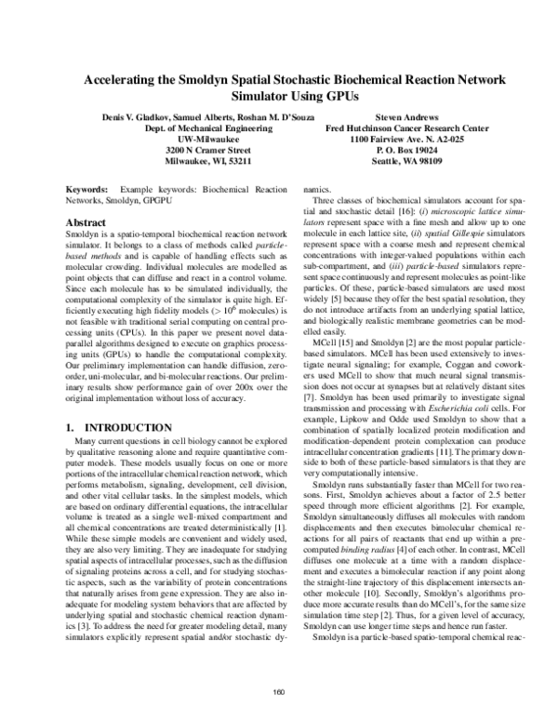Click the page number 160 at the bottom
279,692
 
